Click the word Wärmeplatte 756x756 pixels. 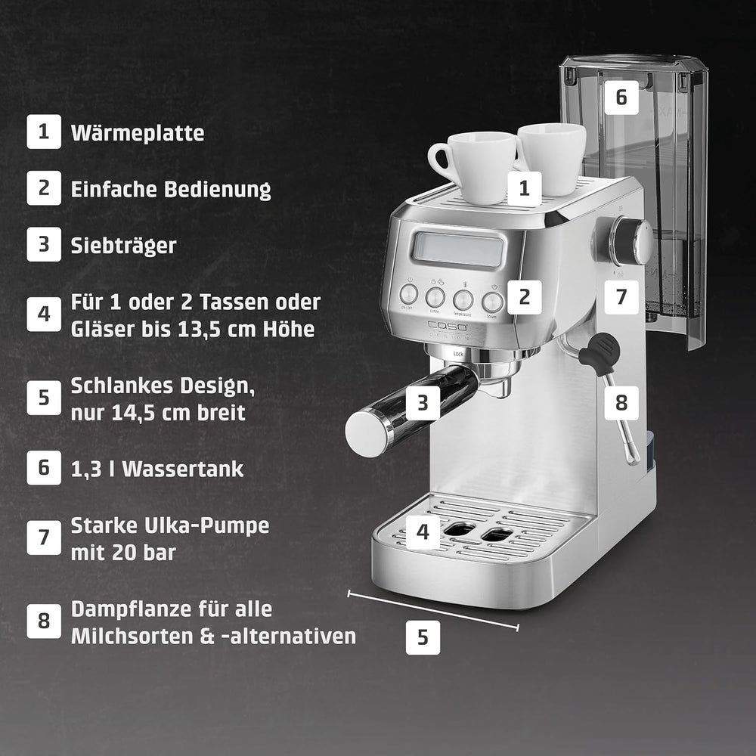(x=137, y=134)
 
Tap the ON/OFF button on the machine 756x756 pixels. (x=409, y=293)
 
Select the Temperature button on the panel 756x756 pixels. (x=463, y=298)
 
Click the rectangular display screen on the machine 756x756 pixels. (x=458, y=249)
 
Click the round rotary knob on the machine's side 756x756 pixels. (x=632, y=240)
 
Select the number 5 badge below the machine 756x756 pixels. (x=423, y=637)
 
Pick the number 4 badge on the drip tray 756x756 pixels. (x=423, y=531)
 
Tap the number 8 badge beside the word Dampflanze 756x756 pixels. (x=44, y=622)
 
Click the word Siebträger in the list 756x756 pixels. (x=123, y=246)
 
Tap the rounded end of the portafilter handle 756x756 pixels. (x=367, y=432)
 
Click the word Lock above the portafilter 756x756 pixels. (x=457, y=353)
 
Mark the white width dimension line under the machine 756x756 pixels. (x=432, y=609)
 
